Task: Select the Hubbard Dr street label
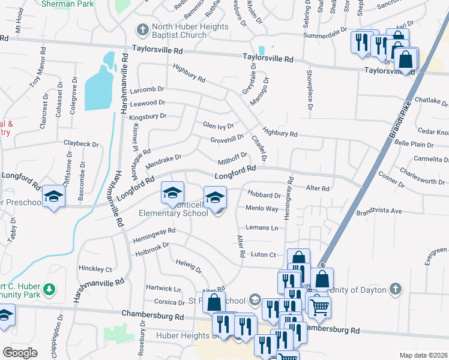[x=264, y=195]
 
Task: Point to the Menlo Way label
[x=262, y=208]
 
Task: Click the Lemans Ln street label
[x=262, y=228]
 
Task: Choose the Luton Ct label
[x=263, y=254]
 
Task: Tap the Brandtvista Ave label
[x=379, y=211]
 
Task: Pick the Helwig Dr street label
[x=188, y=266]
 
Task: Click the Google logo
[x=20, y=352]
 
